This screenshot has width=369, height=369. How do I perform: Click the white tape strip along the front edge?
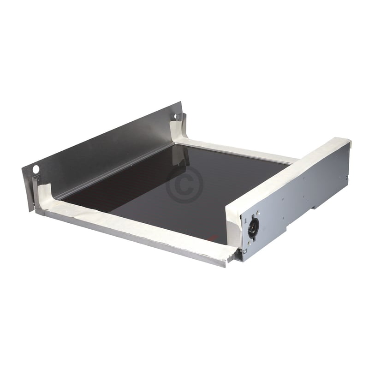[138, 226]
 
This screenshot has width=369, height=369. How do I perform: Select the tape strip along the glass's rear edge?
[240, 151]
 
